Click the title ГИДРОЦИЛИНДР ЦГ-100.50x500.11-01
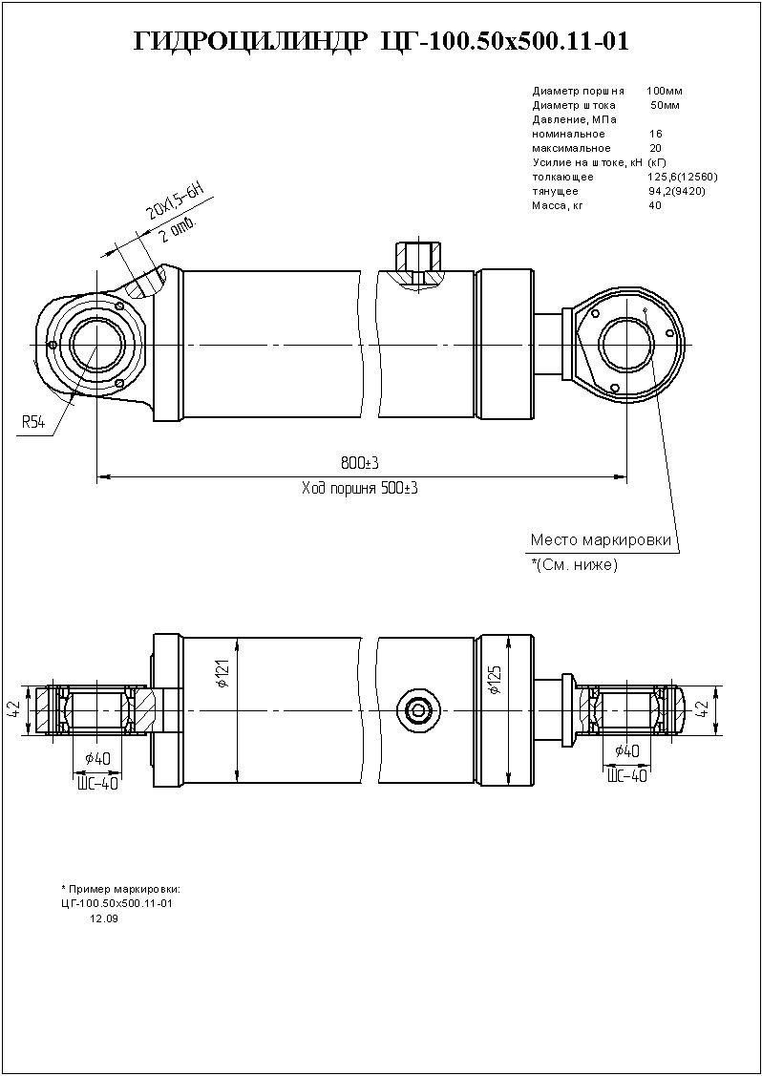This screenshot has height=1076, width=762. (x=381, y=41)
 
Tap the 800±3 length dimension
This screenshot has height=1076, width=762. (x=360, y=463)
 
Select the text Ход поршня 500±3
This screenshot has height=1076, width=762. (x=360, y=489)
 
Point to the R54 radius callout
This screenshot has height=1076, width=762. (x=33, y=422)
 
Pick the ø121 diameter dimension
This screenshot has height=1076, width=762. (x=222, y=676)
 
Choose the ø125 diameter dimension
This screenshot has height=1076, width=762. (x=494, y=676)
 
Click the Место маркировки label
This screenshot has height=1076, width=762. (x=601, y=540)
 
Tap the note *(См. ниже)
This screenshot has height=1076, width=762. (x=575, y=565)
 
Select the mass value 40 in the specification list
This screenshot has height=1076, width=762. (x=654, y=205)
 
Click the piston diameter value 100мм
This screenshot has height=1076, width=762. (x=665, y=91)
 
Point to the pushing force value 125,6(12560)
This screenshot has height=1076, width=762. (x=682, y=177)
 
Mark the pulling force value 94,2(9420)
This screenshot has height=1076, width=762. (x=676, y=191)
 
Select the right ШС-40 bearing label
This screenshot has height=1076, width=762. (x=627, y=775)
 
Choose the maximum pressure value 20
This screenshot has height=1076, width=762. (x=655, y=148)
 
